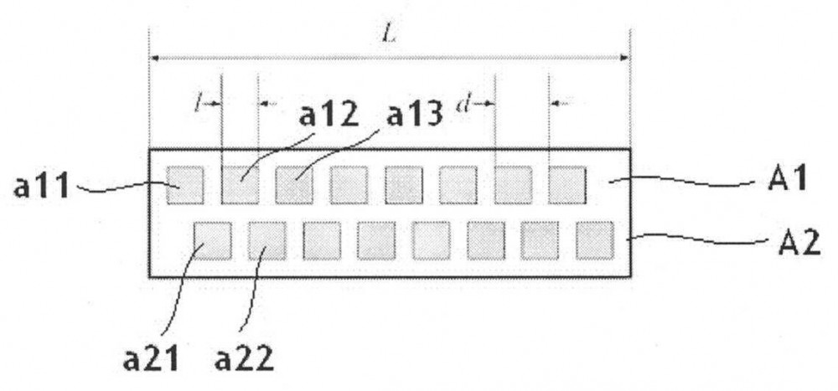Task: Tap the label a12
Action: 328,115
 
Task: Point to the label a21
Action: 150,360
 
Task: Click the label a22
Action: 244,360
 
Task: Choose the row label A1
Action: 787,178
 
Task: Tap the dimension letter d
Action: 462,105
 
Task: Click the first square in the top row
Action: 185,185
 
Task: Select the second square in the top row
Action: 240,185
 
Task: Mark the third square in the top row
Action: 294,185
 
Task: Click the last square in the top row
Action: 567,185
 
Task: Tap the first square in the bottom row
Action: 213,240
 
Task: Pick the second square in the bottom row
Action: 267,240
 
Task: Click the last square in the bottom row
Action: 595,240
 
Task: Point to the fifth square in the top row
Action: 404,185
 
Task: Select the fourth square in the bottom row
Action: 376,240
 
